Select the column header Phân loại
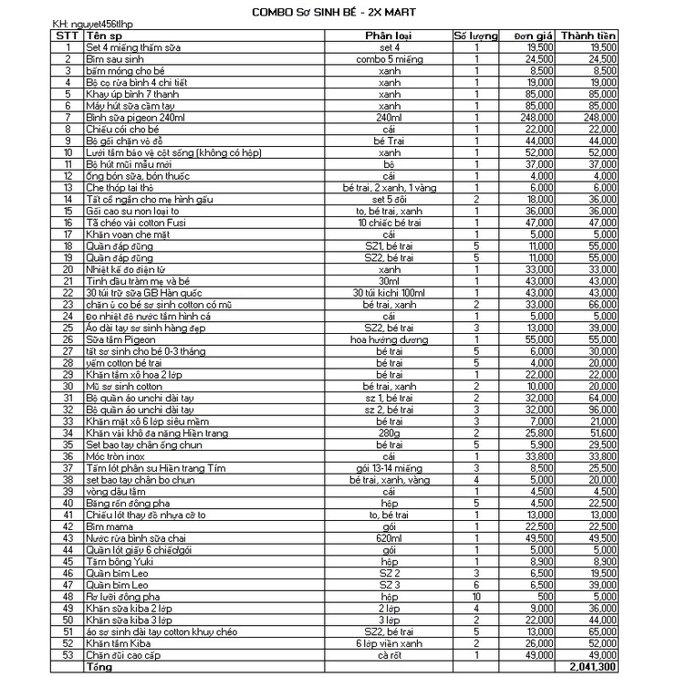coord(389,36)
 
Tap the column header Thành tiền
coord(589,36)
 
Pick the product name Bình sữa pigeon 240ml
coord(122,118)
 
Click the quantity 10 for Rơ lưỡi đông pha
coord(476,596)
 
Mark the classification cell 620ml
coord(389,539)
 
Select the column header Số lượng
coord(476,36)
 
